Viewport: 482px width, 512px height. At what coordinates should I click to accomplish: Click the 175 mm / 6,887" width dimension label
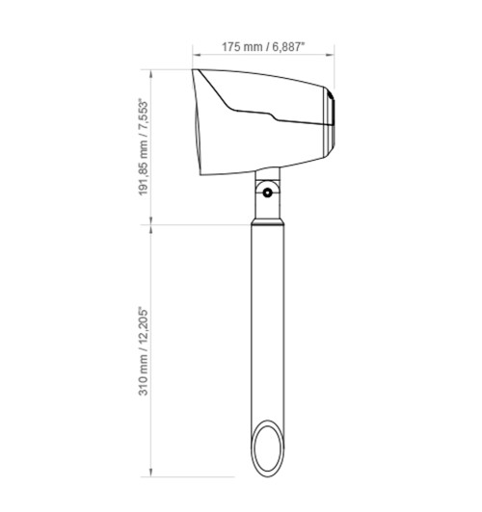(263, 47)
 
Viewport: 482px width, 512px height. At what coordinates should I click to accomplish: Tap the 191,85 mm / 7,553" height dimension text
(144, 147)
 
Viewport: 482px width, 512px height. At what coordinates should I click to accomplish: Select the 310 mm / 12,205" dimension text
(144, 351)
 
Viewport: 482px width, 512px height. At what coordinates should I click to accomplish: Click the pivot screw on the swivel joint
(267, 193)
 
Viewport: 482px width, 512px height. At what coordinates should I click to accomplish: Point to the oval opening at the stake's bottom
(267, 448)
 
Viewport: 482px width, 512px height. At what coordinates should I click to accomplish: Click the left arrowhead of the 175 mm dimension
(197, 55)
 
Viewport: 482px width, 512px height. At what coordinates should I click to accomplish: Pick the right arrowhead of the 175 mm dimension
(331, 55)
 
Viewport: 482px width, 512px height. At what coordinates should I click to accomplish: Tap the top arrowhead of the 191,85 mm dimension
(150, 73)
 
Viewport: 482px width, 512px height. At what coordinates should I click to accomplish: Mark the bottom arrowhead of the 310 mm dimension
(150, 473)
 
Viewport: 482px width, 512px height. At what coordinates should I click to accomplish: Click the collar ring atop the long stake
(267, 222)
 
